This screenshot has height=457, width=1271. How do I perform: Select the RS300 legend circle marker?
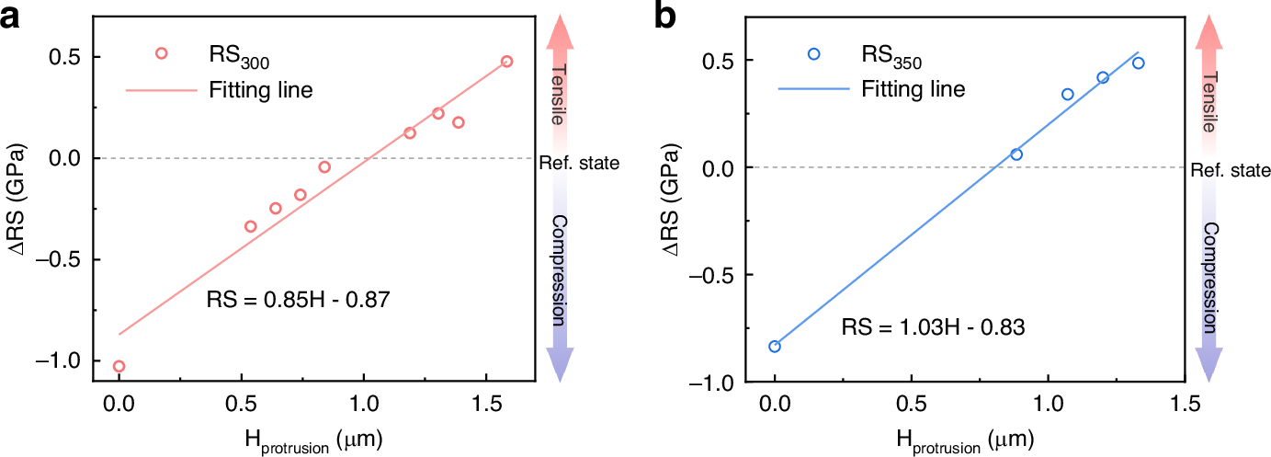(162, 53)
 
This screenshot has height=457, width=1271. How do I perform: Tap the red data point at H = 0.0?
(119, 366)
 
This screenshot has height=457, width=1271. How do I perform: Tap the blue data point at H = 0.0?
(775, 347)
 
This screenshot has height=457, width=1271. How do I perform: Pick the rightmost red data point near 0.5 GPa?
(506, 62)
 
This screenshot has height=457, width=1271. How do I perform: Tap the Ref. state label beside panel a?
(577, 163)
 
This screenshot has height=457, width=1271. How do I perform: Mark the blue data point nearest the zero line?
(1016, 154)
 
